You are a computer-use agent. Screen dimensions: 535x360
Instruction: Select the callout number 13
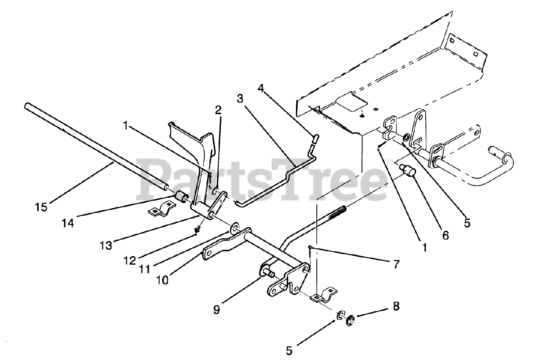coord(106,245)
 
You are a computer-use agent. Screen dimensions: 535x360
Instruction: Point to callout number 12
coord(129,260)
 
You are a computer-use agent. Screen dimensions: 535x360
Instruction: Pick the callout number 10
coord(162,280)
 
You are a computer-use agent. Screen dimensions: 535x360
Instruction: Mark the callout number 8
coord(395,306)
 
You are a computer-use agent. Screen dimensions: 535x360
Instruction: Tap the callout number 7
coord(395,264)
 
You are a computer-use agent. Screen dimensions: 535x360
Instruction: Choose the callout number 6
coord(446,236)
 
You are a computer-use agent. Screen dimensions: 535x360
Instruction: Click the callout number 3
coord(240,99)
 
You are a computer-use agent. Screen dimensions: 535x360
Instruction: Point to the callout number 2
coord(218,110)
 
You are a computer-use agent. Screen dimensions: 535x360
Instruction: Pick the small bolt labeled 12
coord(199,229)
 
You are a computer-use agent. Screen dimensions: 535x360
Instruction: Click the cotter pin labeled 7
coord(309,252)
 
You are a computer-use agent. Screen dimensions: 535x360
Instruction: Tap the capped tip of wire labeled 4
coord(314,136)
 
